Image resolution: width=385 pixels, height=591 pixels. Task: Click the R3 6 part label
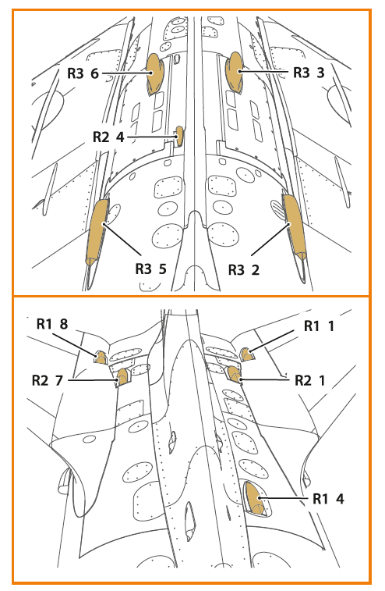coord(83,73)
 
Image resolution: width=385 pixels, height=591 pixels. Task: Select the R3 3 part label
coord(309,73)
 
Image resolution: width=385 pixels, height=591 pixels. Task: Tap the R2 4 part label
coord(108,137)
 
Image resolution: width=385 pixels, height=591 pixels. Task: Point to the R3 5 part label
coord(150,269)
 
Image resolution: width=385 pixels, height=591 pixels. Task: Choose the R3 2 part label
coord(244,270)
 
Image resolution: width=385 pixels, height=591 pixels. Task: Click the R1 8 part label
coord(52,324)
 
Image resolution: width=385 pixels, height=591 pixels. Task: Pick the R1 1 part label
coord(319,326)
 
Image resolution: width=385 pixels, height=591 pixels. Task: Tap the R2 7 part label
coord(48,380)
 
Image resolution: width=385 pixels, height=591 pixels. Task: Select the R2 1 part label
coord(309,381)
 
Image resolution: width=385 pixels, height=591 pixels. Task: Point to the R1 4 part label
coord(329,499)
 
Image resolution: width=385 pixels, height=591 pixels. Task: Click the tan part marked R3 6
coord(154,73)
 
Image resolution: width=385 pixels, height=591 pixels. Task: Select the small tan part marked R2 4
coord(179,135)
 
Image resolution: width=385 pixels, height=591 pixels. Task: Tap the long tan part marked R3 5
coord(97,232)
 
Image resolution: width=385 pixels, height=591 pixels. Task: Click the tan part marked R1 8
coord(101,358)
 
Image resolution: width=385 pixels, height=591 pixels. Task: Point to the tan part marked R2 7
coord(122,377)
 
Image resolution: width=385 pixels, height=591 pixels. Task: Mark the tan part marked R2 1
coord(234,374)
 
